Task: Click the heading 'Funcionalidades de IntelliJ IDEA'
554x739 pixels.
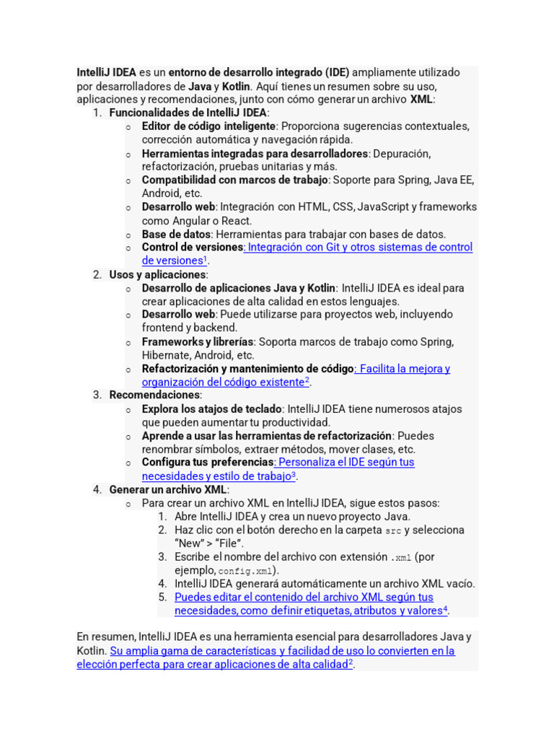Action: click(x=188, y=113)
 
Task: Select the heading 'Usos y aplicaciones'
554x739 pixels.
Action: click(x=157, y=274)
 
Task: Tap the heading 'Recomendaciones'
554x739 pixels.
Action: click(x=154, y=395)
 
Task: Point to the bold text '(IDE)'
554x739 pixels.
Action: click(x=336, y=72)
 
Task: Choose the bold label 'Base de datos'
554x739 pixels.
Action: click(x=176, y=234)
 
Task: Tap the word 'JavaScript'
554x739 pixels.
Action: click(x=384, y=206)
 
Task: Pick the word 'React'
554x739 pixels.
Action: click(x=237, y=221)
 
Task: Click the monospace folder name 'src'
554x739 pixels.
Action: click(x=393, y=530)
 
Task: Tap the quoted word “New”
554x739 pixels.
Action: click(x=188, y=543)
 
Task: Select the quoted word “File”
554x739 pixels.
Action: click(x=229, y=543)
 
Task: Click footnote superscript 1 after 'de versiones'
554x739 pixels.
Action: click(x=206, y=258)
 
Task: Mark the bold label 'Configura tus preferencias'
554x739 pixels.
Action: click(x=207, y=462)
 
